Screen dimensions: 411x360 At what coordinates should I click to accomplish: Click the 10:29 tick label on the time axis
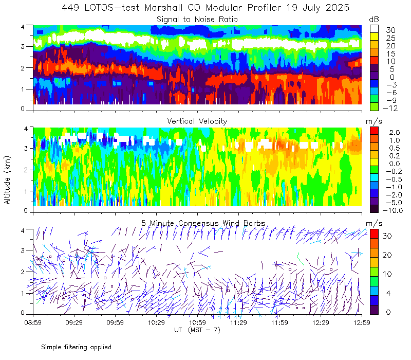pyautogui.click(x=156, y=322)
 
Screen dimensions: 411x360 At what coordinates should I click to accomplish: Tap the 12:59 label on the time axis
pyautogui.click(x=362, y=322)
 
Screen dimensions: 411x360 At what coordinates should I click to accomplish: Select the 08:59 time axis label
pyautogui.click(x=33, y=322)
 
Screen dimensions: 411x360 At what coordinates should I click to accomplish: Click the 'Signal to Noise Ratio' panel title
pyautogui.click(x=197, y=20)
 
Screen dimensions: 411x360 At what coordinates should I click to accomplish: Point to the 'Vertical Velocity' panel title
pyautogui.click(x=197, y=121)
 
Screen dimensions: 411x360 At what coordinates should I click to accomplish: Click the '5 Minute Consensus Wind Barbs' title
pyautogui.click(x=203, y=223)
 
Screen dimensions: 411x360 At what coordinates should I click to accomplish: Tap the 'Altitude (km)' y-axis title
pyautogui.click(x=7, y=180)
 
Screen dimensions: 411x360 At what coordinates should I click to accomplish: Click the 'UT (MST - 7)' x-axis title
pyautogui.click(x=197, y=330)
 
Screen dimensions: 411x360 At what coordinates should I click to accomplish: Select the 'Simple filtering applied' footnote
pyautogui.click(x=76, y=347)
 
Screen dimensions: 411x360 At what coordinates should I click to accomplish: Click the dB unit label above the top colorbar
pyautogui.click(x=374, y=20)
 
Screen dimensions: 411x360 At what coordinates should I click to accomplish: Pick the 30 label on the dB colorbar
pyautogui.click(x=390, y=30)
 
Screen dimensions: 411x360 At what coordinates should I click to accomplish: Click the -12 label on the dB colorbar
pyautogui.click(x=390, y=108)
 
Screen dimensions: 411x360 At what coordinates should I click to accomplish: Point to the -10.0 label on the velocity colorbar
pyautogui.click(x=393, y=210)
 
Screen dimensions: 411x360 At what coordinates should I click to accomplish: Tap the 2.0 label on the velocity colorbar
pyautogui.click(x=395, y=132)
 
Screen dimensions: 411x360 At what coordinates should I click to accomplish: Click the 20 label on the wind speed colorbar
pyautogui.click(x=387, y=255)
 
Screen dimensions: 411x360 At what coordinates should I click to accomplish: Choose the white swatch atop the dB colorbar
pyautogui.click(x=374, y=29)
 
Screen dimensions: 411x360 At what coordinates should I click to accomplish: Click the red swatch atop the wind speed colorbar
pyautogui.click(x=374, y=233)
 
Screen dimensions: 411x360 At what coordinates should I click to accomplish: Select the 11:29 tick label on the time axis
pyautogui.click(x=238, y=322)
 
